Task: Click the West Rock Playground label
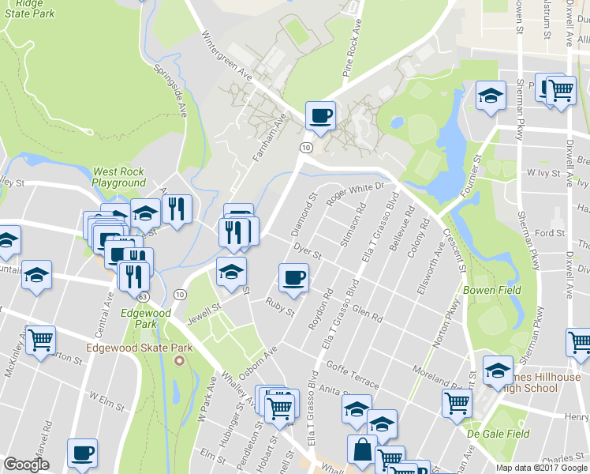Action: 119,177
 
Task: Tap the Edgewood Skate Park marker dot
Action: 178,362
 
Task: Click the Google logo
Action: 27,465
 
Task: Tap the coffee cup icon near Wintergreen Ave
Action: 320,116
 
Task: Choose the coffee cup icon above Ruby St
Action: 293,278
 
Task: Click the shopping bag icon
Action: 360,450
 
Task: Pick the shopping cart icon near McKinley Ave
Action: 40,340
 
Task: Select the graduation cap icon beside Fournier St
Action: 491,96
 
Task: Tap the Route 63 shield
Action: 142,296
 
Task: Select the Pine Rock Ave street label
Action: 352,47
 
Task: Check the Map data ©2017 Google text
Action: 541,468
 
